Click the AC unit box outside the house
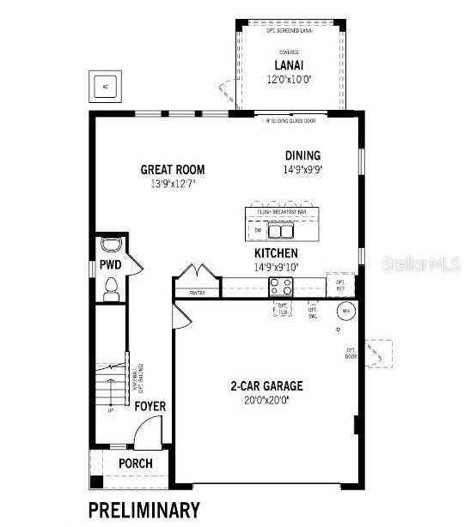point(106,87)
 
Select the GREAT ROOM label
point(173,170)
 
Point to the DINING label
point(302,155)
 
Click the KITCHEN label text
point(276,254)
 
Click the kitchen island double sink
point(280,230)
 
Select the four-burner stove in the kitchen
point(282,288)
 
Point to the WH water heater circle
point(346,310)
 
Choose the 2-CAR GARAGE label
point(266,386)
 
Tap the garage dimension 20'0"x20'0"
point(266,399)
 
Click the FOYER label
point(150,406)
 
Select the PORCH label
point(135,463)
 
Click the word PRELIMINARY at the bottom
point(144,509)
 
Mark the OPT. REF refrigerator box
point(340,284)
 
